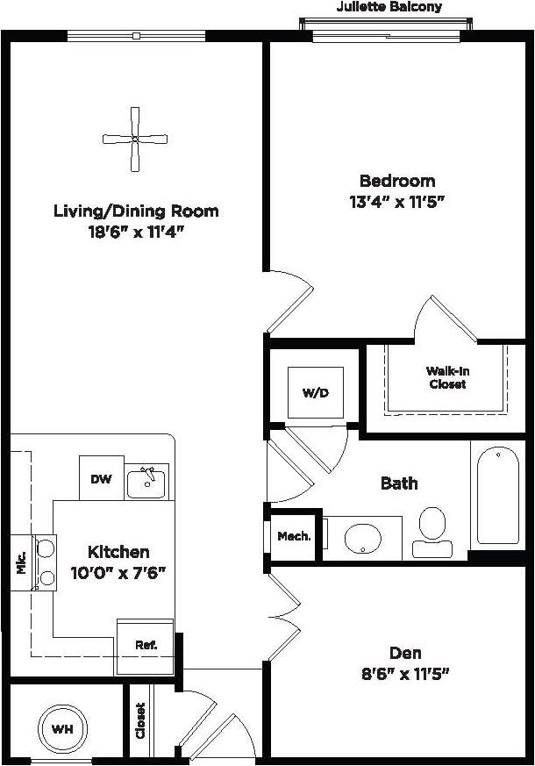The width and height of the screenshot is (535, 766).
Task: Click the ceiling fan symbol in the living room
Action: (135, 139)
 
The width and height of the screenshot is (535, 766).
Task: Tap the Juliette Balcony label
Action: (389, 7)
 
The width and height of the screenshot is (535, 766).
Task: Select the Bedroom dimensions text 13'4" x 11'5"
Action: (397, 202)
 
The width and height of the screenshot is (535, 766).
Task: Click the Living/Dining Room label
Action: (136, 211)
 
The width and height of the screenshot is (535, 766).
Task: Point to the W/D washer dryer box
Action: (315, 392)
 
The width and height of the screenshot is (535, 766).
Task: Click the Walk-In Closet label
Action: (447, 377)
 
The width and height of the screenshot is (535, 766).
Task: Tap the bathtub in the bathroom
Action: (498, 496)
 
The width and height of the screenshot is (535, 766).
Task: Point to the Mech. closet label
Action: (294, 536)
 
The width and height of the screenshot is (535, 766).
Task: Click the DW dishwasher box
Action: (101, 479)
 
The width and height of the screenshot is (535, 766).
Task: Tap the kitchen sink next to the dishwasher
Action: (146, 482)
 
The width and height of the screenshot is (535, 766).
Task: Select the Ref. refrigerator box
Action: (146, 645)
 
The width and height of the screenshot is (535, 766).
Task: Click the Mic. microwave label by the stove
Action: (21, 562)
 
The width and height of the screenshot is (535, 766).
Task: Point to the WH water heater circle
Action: (61, 728)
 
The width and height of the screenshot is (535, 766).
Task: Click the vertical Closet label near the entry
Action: (140, 720)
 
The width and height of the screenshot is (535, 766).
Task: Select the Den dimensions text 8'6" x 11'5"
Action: (406, 675)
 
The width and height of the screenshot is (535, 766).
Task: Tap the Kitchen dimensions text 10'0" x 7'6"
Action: (118, 573)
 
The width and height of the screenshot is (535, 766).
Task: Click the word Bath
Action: (398, 483)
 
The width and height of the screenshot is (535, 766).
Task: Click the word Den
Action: (405, 653)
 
